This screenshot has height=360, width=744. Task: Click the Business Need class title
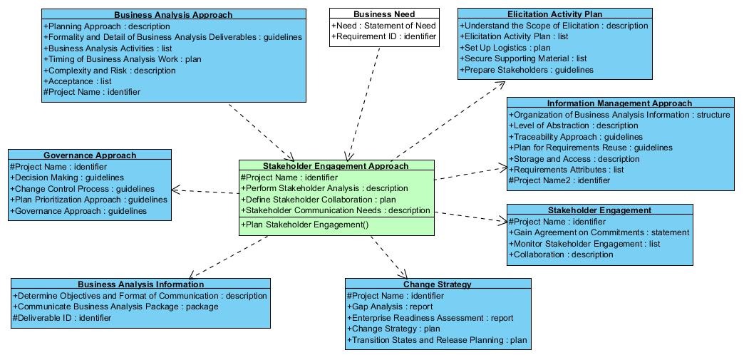pos(384,14)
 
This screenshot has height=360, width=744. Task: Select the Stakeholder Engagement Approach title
pos(336,166)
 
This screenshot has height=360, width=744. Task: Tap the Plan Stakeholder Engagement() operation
pos(304,225)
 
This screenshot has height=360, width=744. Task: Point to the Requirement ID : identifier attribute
pos(384,36)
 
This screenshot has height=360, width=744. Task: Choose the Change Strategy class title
pos(438,284)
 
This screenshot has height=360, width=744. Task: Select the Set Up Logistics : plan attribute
pos(505,48)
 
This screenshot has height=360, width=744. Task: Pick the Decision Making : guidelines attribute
pos(67,178)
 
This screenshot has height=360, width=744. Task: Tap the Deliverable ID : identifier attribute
pos(62,318)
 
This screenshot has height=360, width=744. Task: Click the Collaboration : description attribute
pos(561,254)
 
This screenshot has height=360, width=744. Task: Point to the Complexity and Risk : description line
pos(110,71)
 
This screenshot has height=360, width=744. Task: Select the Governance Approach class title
pos(90,155)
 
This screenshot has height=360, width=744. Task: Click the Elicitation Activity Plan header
pos(554,14)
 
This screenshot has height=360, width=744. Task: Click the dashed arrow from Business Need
pos(364,104)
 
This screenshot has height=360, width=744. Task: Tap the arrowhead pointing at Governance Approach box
pos(175,190)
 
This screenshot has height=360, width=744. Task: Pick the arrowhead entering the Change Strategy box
pos(403,274)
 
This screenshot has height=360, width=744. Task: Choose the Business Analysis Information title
pos(141,284)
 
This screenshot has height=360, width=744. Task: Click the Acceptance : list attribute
pos(78,81)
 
